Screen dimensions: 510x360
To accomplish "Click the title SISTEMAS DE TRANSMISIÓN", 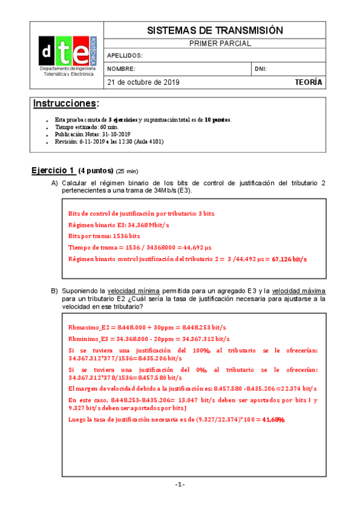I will [215, 30].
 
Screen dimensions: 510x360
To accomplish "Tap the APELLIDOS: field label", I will [124, 55].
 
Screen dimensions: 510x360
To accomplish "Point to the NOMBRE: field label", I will [121, 69].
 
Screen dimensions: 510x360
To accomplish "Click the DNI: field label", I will [261, 69].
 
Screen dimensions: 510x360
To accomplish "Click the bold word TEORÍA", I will [309, 82].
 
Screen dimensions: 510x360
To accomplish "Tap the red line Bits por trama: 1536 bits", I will [104, 236].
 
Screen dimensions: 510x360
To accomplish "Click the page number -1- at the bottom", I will [180, 485].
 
